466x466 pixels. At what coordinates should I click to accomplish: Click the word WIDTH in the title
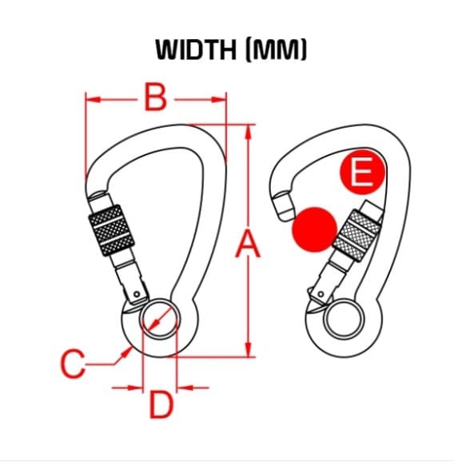pos(196,50)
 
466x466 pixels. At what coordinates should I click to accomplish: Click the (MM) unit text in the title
pos(277,50)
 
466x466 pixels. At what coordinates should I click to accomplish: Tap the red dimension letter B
pos(155,98)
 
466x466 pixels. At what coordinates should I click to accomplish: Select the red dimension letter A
pos(248,241)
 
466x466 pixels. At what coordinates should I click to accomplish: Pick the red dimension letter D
pos(161,404)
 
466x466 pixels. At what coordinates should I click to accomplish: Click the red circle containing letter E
pos(363,173)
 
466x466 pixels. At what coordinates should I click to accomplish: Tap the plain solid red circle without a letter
pos(315,229)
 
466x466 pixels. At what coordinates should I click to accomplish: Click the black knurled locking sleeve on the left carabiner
pos(112,230)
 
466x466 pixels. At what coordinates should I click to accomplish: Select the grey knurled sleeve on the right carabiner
pos(357,236)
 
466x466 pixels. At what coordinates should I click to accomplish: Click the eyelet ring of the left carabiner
pos(161,319)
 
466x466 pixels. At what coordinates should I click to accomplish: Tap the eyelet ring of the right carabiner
pos(345,319)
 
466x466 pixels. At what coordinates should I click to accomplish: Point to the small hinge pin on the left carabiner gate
pos(137,294)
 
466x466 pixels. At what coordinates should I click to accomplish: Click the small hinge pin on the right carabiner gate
pos(321,294)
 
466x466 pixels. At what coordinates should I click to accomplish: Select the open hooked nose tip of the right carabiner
pos(283,205)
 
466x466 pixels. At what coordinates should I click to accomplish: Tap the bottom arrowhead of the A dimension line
pos(249,349)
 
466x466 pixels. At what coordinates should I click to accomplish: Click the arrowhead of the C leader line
pos(128,352)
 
